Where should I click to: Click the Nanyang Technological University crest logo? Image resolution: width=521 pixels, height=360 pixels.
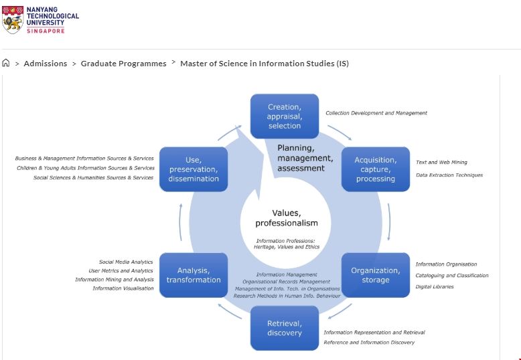(13, 20)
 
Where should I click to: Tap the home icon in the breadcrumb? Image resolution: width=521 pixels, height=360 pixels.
(6, 64)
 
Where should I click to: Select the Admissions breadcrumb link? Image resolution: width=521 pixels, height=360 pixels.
(46, 64)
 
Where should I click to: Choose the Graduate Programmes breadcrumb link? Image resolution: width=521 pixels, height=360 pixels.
(123, 64)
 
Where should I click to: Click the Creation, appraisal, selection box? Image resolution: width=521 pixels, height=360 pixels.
(284, 116)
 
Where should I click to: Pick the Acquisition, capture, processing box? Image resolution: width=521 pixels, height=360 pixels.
(375, 169)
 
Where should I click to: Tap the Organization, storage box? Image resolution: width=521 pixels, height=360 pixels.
(375, 275)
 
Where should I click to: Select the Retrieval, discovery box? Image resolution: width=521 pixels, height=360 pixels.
(284, 328)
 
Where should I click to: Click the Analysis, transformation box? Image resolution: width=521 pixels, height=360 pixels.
(194, 275)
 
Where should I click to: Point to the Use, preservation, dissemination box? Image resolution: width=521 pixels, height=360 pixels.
(194, 169)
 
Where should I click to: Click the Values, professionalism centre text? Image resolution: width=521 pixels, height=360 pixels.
(286, 217)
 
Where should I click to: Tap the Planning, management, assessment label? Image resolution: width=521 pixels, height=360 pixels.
(305, 158)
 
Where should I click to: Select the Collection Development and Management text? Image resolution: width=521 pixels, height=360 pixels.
(376, 113)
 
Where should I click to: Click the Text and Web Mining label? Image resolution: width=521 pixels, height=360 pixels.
(441, 162)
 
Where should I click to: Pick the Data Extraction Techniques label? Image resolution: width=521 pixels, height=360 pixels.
(449, 175)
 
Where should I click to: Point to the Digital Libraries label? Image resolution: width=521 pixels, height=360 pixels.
(434, 286)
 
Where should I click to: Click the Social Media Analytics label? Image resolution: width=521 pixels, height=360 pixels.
(126, 262)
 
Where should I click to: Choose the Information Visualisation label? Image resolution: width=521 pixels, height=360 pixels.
(123, 288)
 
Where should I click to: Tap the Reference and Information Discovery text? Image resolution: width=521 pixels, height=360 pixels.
(369, 342)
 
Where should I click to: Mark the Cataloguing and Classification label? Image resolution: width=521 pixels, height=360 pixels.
(451, 275)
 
